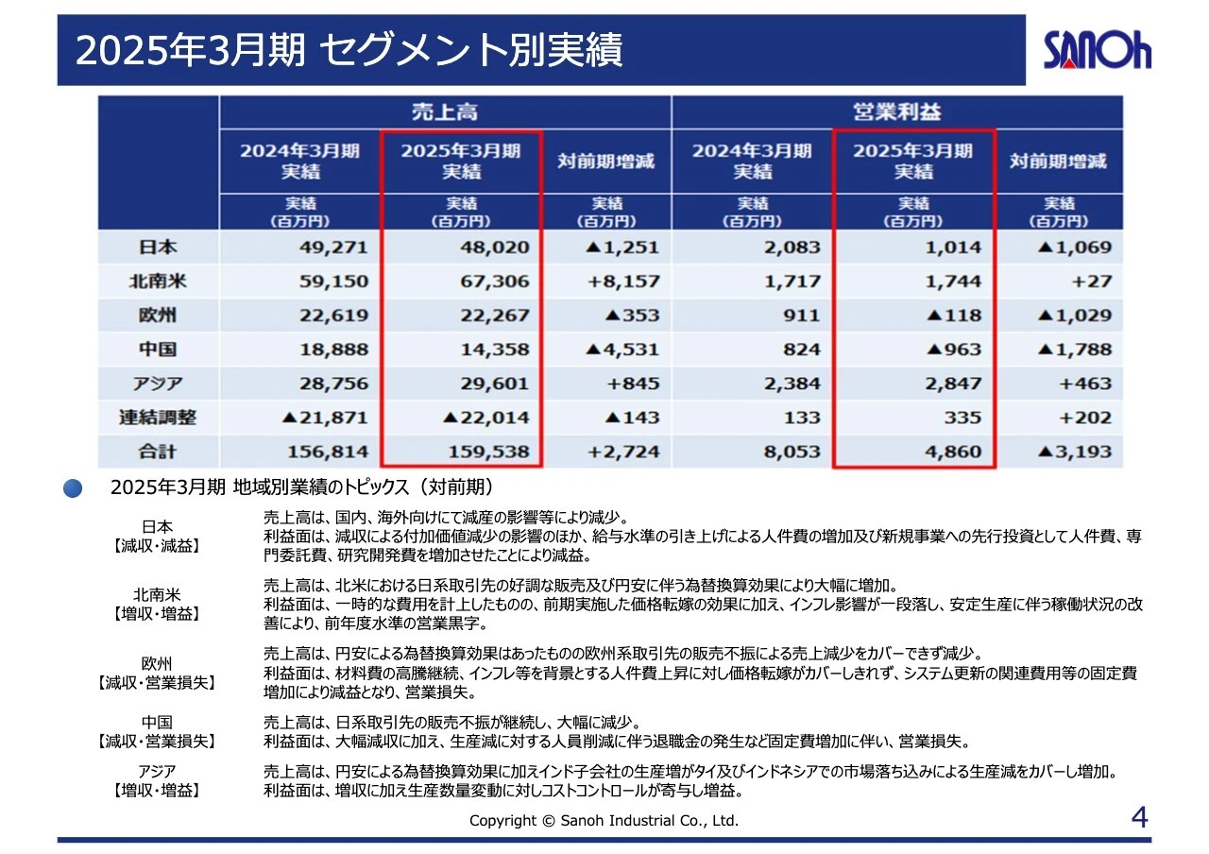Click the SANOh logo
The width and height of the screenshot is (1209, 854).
point(1097,50)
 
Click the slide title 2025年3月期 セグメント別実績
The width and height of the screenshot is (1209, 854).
point(349,51)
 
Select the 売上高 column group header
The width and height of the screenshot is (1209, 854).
point(444,112)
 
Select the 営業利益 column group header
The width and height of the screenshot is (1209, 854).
point(896,112)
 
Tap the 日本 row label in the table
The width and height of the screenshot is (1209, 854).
point(159,248)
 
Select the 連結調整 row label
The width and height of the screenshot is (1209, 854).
point(159,418)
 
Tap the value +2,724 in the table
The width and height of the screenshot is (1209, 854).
point(623,452)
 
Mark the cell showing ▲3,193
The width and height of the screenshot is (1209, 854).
point(1074,452)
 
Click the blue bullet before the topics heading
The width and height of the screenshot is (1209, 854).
point(73,488)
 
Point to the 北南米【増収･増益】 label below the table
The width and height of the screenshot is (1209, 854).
point(157,605)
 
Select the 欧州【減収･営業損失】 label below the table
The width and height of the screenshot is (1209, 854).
point(157,673)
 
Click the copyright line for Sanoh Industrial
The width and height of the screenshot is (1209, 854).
point(604,820)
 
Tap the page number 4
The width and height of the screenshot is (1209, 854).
point(1139,817)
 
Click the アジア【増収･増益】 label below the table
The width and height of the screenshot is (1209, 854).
point(157,780)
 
